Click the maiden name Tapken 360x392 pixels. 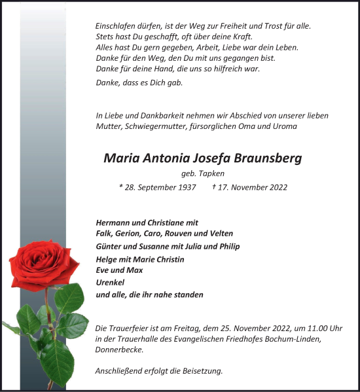point(211,174)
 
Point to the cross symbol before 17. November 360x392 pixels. point(215,187)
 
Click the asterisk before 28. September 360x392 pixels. point(122,187)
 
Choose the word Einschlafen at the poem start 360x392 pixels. point(114,26)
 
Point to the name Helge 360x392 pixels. point(106,259)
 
